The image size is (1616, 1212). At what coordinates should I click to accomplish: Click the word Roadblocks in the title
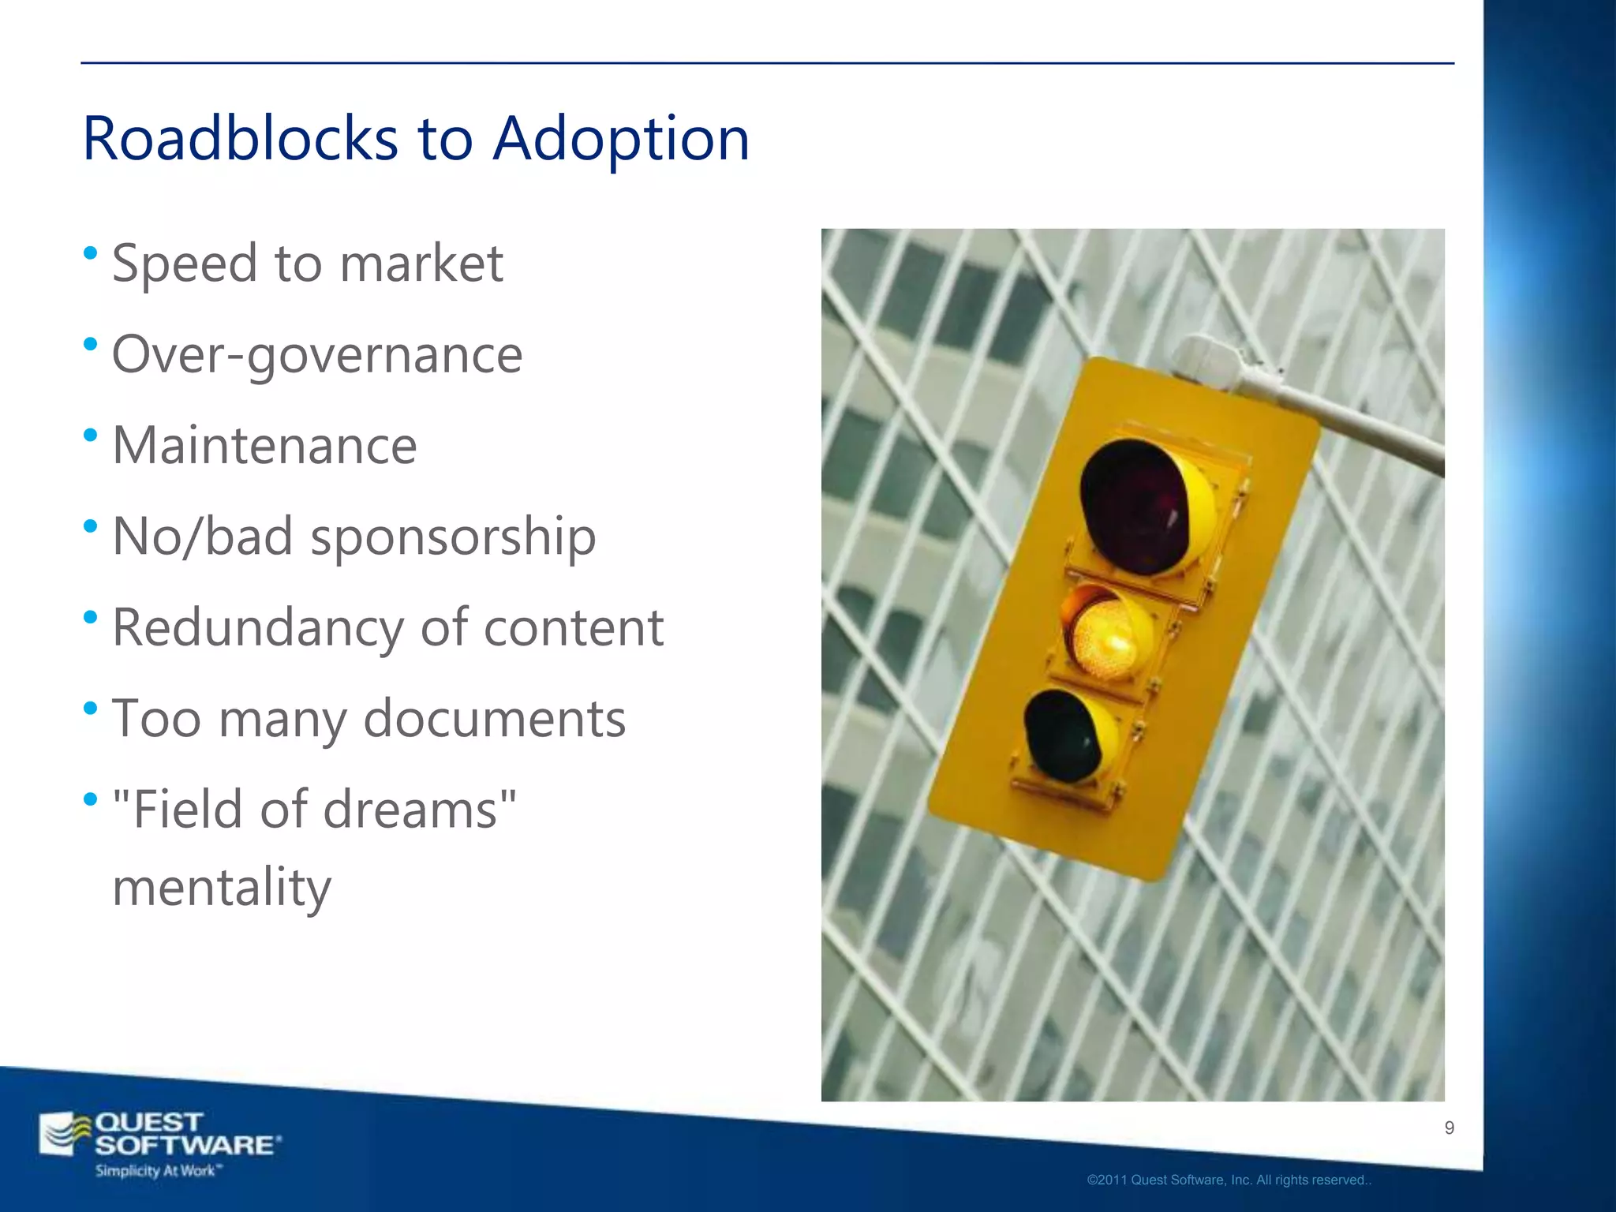click(240, 139)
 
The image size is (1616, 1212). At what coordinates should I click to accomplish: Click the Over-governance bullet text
click(317, 355)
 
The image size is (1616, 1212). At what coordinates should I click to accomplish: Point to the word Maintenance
click(264, 446)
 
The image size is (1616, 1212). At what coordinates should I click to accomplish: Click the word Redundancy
click(257, 629)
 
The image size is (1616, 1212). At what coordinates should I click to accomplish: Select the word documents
click(494, 720)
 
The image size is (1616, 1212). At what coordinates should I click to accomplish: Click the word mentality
click(222, 888)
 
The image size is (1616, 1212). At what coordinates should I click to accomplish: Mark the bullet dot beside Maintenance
click(90, 435)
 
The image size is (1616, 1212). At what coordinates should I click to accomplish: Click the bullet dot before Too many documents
click(90, 708)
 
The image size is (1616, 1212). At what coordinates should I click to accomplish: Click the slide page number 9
click(1449, 1128)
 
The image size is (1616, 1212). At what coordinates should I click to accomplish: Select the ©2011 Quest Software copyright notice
click(1229, 1180)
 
